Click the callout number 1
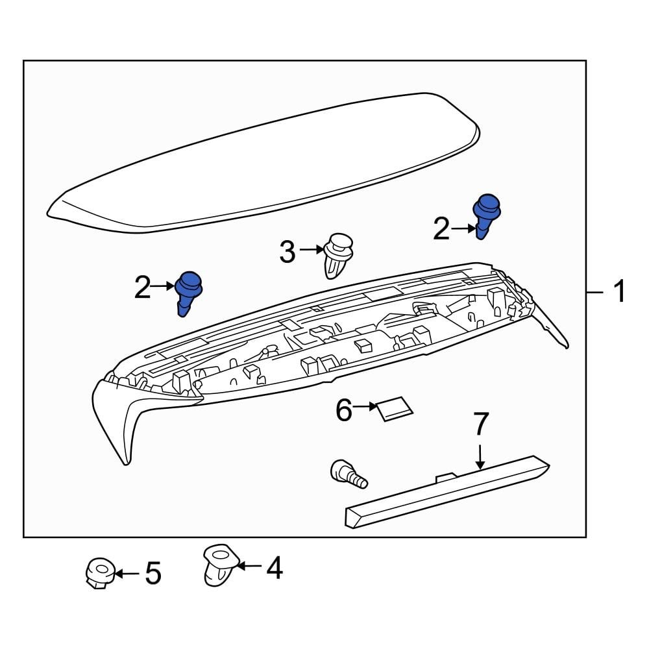click(x=619, y=292)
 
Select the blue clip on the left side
click(x=188, y=291)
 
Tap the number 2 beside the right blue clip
click(x=441, y=229)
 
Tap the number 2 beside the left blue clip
click(x=142, y=287)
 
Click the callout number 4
click(x=275, y=568)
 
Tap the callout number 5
click(x=153, y=574)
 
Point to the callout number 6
click(x=343, y=410)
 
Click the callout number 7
click(x=480, y=424)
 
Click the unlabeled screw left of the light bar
click(x=348, y=473)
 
